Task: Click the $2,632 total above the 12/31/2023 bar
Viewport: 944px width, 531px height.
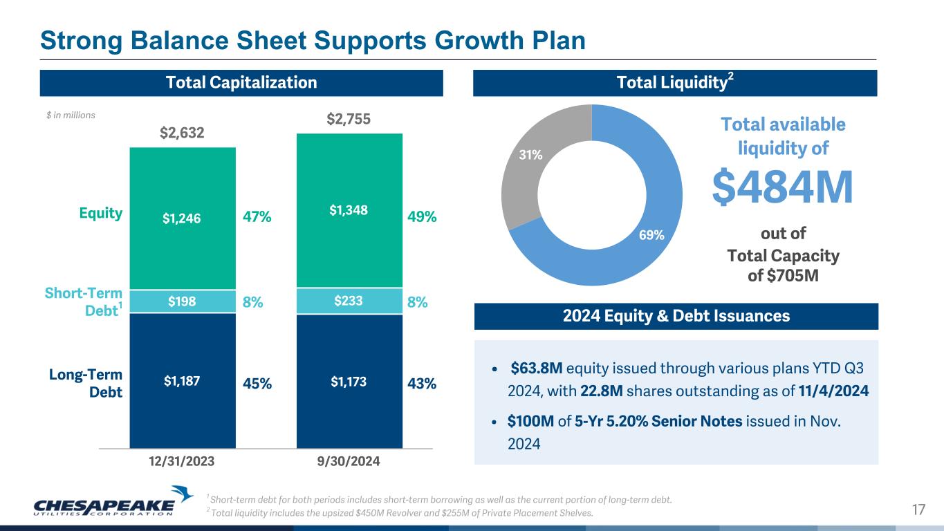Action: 183,133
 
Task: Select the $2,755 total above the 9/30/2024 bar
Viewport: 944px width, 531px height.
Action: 349,119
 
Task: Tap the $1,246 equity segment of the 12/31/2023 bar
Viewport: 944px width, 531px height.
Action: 183,218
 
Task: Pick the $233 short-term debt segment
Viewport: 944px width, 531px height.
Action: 349,300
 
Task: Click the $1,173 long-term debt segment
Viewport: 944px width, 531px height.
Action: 349,381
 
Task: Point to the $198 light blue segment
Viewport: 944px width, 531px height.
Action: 183,301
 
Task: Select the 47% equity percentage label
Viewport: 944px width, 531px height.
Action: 257,217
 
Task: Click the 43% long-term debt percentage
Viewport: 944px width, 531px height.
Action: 422,383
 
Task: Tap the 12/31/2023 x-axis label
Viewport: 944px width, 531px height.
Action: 183,460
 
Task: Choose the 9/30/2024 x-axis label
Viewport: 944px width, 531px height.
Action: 349,460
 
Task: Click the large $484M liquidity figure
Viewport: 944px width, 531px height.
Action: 783,187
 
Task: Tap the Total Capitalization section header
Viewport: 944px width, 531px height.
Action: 241,83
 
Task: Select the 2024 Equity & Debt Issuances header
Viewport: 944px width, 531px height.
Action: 676,317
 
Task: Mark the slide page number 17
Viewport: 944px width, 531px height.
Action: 918,510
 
